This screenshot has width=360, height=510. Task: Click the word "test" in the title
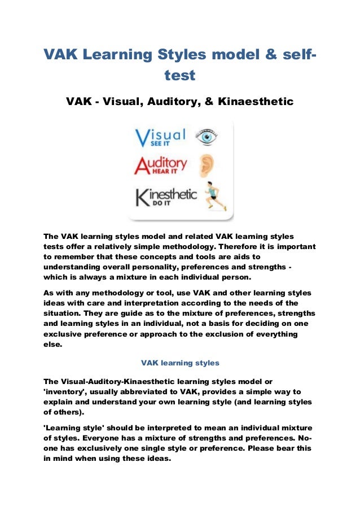pos(179,75)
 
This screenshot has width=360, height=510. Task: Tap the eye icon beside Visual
pos(206,136)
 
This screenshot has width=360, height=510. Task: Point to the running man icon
pos(214,195)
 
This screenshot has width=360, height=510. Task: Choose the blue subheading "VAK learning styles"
pos(179,361)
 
